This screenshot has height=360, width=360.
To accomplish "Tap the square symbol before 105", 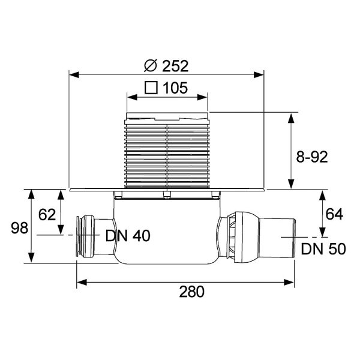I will click(x=151, y=88).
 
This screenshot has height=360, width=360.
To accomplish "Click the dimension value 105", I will click(x=175, y=88).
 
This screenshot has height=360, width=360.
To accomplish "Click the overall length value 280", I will click(x=192, y=292).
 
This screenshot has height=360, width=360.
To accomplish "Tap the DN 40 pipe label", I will click(x=127, y=236).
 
